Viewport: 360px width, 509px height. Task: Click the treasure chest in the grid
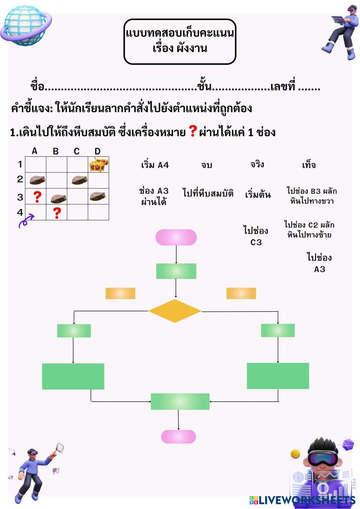pos(98,165)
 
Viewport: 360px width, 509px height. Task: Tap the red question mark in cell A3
pos(37,197)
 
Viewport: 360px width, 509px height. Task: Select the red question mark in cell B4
pos(57,213)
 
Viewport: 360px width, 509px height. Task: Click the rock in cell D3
pos(97,196)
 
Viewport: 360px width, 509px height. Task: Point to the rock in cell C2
pos(79,180)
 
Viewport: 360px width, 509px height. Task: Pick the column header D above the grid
pos(98,151)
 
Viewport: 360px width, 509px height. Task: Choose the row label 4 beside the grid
pos(20,212)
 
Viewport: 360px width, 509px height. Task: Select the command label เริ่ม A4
pos(155,165)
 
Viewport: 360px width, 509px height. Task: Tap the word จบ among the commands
pos(207,165)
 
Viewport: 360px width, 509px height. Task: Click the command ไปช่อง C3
pos(256,236)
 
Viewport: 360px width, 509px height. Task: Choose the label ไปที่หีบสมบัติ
pos(208,193)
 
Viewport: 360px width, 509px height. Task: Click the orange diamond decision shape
pos(175,311)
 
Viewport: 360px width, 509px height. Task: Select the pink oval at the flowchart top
pos(176,238)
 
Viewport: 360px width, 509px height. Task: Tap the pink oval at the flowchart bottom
pos(179,436)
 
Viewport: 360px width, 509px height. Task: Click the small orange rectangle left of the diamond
pos(120,293)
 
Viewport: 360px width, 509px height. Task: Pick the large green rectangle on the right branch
pos(278,376)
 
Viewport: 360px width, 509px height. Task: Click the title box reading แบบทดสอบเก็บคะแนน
pos(180,41)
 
